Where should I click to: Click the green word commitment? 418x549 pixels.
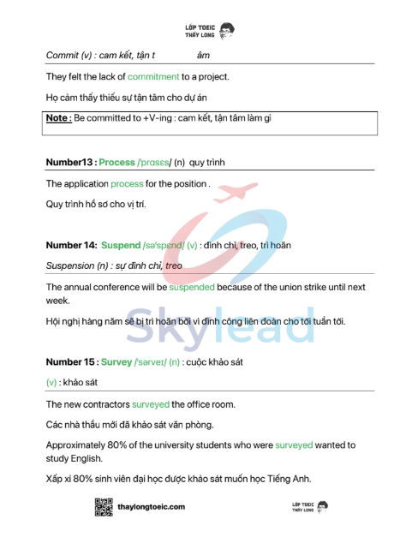[x=153, y=76]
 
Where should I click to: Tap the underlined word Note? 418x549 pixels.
[x=58, y=117]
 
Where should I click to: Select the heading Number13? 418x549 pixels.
[x=69, y=162]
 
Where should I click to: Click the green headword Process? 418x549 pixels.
[x=117, y=162]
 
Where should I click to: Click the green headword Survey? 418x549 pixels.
[x=116, y=362]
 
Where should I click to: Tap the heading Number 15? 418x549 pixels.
[x=70, y=362]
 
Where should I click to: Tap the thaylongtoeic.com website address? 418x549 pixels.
[x=152, y=507]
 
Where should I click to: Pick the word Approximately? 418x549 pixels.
[x=76, y=445]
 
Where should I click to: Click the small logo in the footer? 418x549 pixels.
[x=307, y=508]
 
